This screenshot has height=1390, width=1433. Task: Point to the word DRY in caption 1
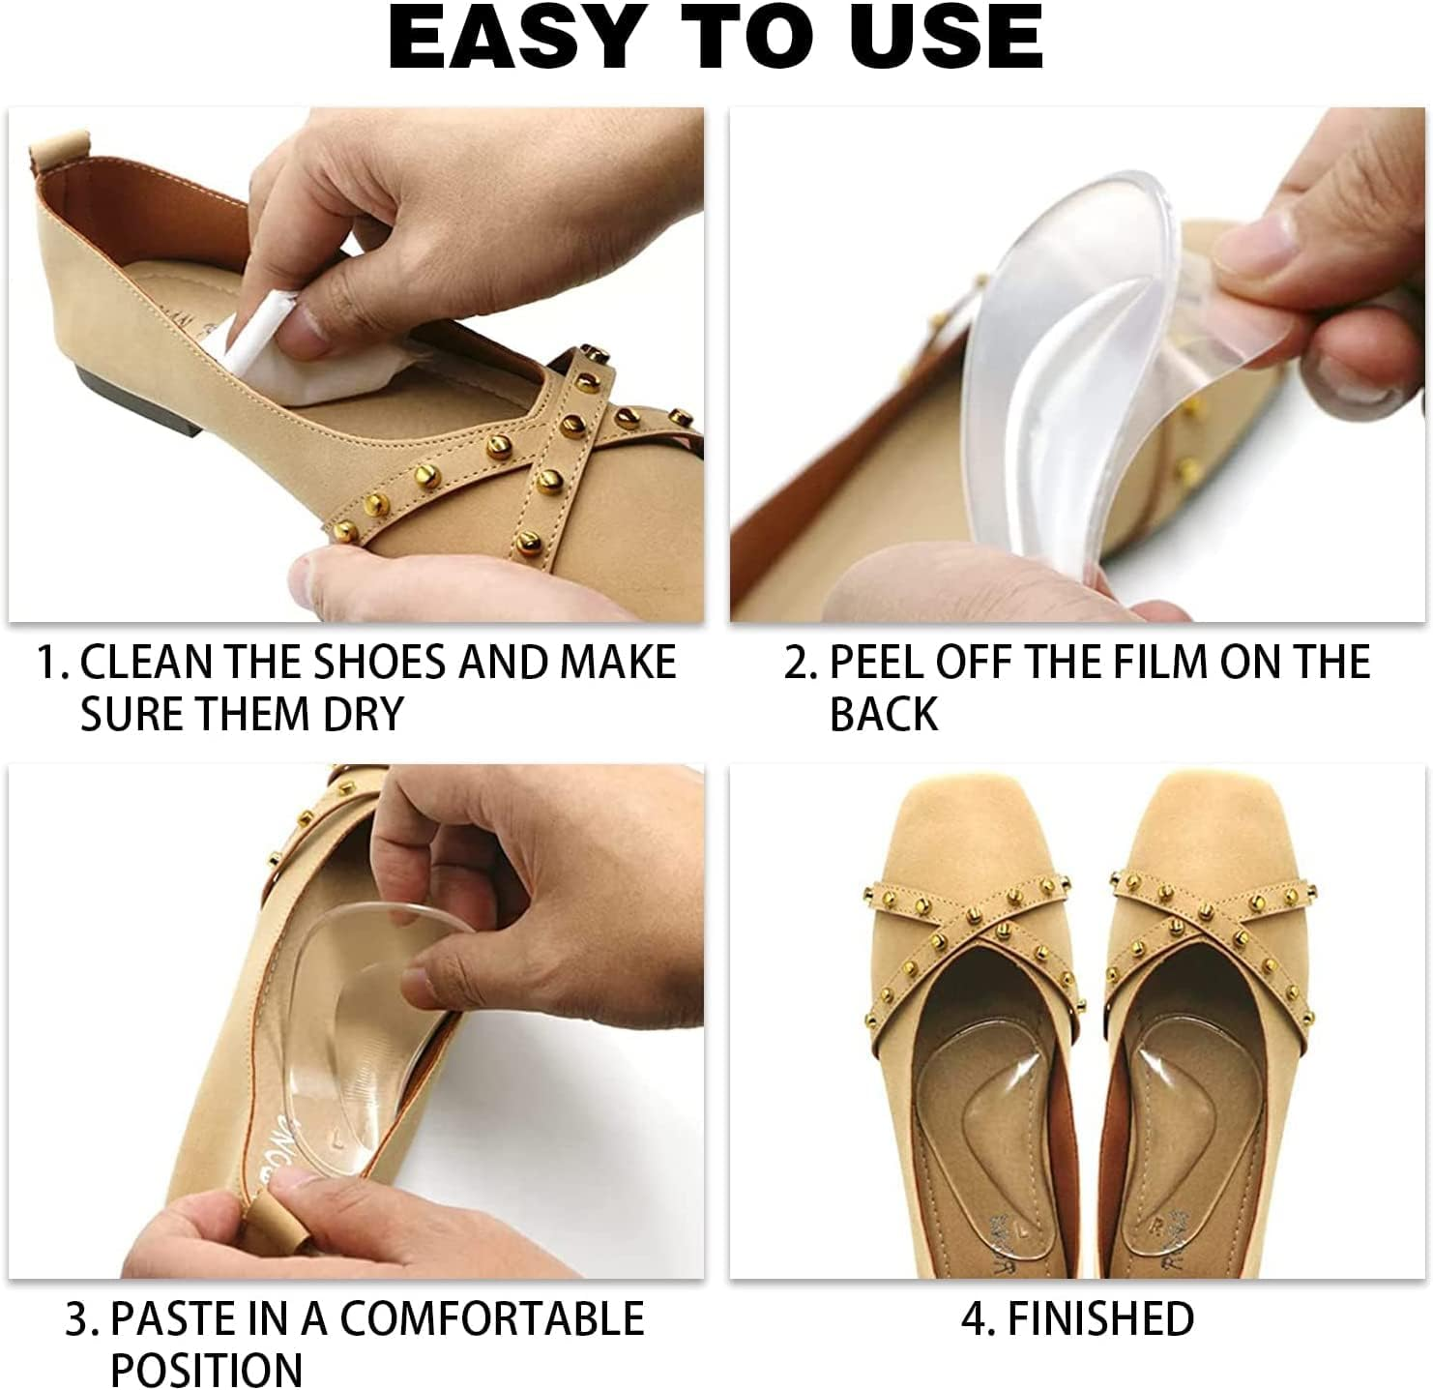point(357,715)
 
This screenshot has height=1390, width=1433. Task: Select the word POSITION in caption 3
point(206,1370)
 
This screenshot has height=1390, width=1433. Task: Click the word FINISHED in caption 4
point(1100,1319)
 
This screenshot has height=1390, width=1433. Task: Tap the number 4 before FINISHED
point(972,1319)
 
